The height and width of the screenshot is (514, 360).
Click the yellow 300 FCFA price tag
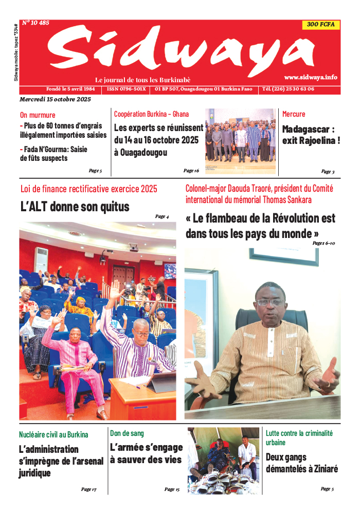(x=320, y=24)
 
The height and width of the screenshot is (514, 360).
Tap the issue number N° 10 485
(x=35, y=23)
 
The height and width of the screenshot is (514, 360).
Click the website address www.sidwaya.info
(x=310, y=77)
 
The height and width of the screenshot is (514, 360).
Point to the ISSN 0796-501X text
(x=127, y=89)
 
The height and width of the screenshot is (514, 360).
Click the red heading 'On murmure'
(x=38, y=115)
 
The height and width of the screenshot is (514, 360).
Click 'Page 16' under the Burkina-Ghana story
(x=191, y=171)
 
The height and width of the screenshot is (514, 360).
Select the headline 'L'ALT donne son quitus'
(x=75, y=207)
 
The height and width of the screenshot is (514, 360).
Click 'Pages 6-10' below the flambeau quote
(x=323, y=243)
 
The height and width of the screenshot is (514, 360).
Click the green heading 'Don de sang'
(x=127, y=433)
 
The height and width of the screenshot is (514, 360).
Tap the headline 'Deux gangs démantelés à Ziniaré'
(x=301, y=463)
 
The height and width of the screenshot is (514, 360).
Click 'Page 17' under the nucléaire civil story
(x=88, y=489)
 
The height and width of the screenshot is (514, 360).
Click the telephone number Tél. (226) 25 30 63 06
(x=288, y=89)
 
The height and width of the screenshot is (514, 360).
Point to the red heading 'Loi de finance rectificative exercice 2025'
(x=88, y=189)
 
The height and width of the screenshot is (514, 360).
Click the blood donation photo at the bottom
(x=223, y=461)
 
